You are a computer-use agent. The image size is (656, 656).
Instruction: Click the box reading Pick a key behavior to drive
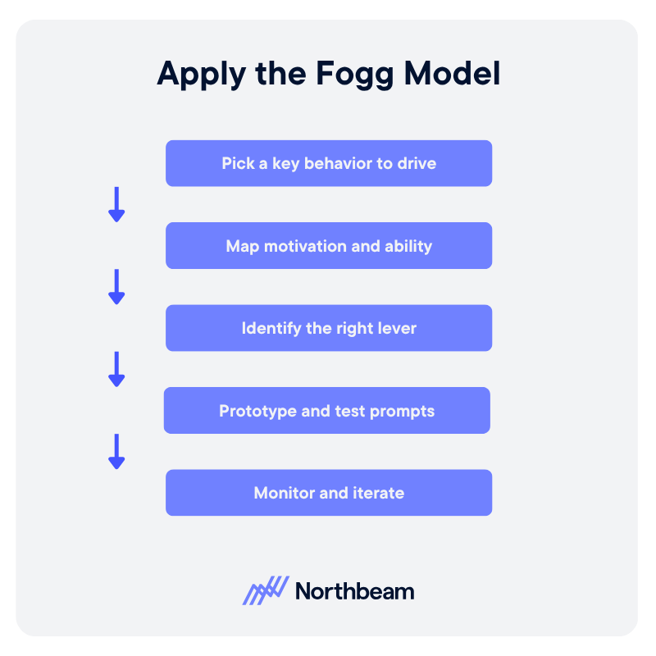[x=329, y=163]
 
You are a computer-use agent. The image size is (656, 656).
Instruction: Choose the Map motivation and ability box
[x=329, y=246]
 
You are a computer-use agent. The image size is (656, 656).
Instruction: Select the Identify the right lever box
[x=329, y=328]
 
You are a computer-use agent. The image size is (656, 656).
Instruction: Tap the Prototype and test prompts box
[x=327, y=411]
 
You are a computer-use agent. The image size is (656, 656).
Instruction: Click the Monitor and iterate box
[x=329, y=493]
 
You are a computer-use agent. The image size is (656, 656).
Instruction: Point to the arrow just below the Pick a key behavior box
[x=116, y=204]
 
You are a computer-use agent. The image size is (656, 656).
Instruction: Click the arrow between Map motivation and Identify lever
[x=116, y=286]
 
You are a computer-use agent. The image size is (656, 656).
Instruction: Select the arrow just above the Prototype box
[x=116, y=369]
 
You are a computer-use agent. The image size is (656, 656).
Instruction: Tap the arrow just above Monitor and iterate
[x=116, y=451]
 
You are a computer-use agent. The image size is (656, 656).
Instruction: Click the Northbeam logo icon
[x=266, y=590]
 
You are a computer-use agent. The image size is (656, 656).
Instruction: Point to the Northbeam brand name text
[x=355, y=590]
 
